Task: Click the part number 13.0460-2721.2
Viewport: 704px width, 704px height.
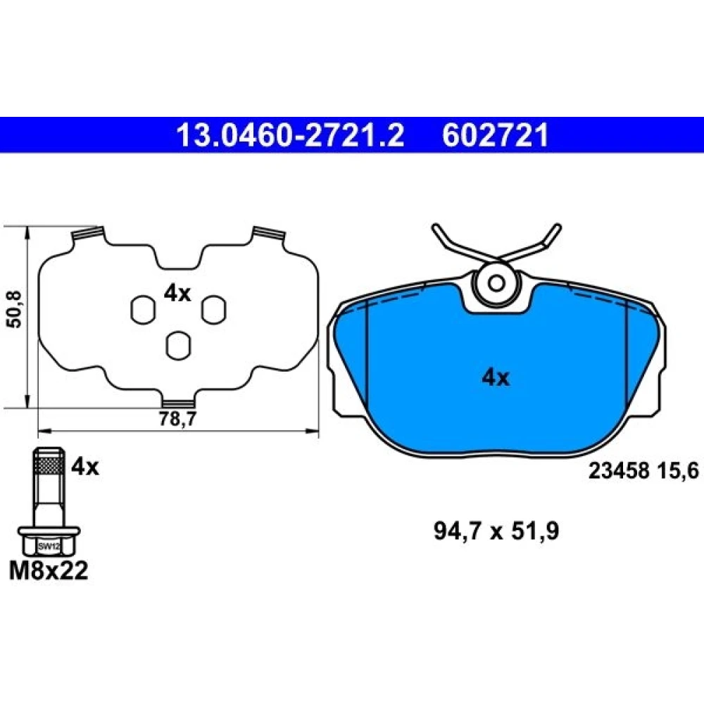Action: click(291, 135)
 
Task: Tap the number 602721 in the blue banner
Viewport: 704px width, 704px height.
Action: click(495, 135)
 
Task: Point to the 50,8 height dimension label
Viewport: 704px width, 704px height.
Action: click(15, 309)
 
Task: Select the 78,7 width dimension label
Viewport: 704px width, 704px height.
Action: click(178, 419)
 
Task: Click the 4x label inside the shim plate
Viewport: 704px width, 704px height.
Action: click(177, 294)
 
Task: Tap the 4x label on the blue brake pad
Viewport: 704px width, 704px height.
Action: click(496, 378)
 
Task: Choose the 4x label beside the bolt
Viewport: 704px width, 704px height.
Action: click(85, 467)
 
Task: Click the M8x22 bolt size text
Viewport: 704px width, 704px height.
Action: click(49, 571)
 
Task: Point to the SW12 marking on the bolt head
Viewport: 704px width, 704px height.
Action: click(49, 546)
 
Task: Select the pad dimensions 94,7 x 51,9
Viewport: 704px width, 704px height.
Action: click(496, 532)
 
